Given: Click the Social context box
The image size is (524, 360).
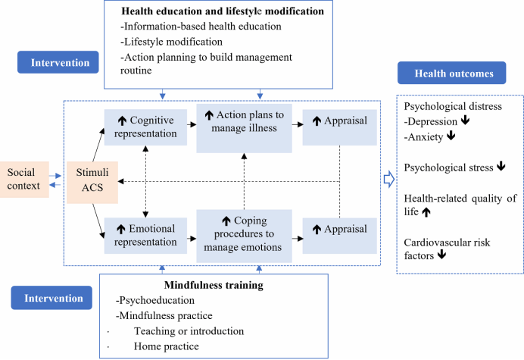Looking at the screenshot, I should tap(24, 179).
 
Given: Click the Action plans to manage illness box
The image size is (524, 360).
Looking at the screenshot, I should tap(244, 121).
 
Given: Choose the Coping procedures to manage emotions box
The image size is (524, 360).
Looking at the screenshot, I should tap(244, 236).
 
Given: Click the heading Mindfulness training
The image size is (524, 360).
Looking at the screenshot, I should tap(214, 285).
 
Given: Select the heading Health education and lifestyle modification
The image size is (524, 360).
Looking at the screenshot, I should tap(223, 13).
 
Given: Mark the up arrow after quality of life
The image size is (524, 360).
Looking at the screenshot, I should tap(426, 214).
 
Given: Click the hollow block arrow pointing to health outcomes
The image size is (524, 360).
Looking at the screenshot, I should tap(389, 180).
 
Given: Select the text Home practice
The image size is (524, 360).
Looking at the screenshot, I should tap(166, 346).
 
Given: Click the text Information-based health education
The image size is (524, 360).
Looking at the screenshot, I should tap(201, 27).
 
